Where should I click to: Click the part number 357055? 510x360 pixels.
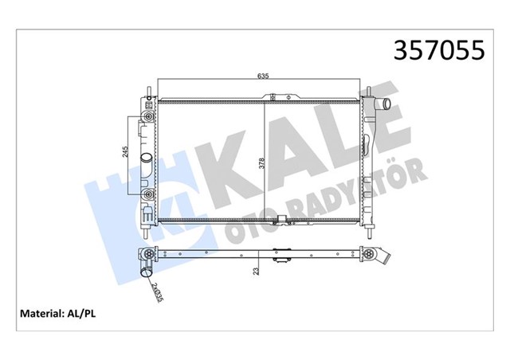(x=435, y=50)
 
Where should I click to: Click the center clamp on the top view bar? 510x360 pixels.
(x=280, y=257)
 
